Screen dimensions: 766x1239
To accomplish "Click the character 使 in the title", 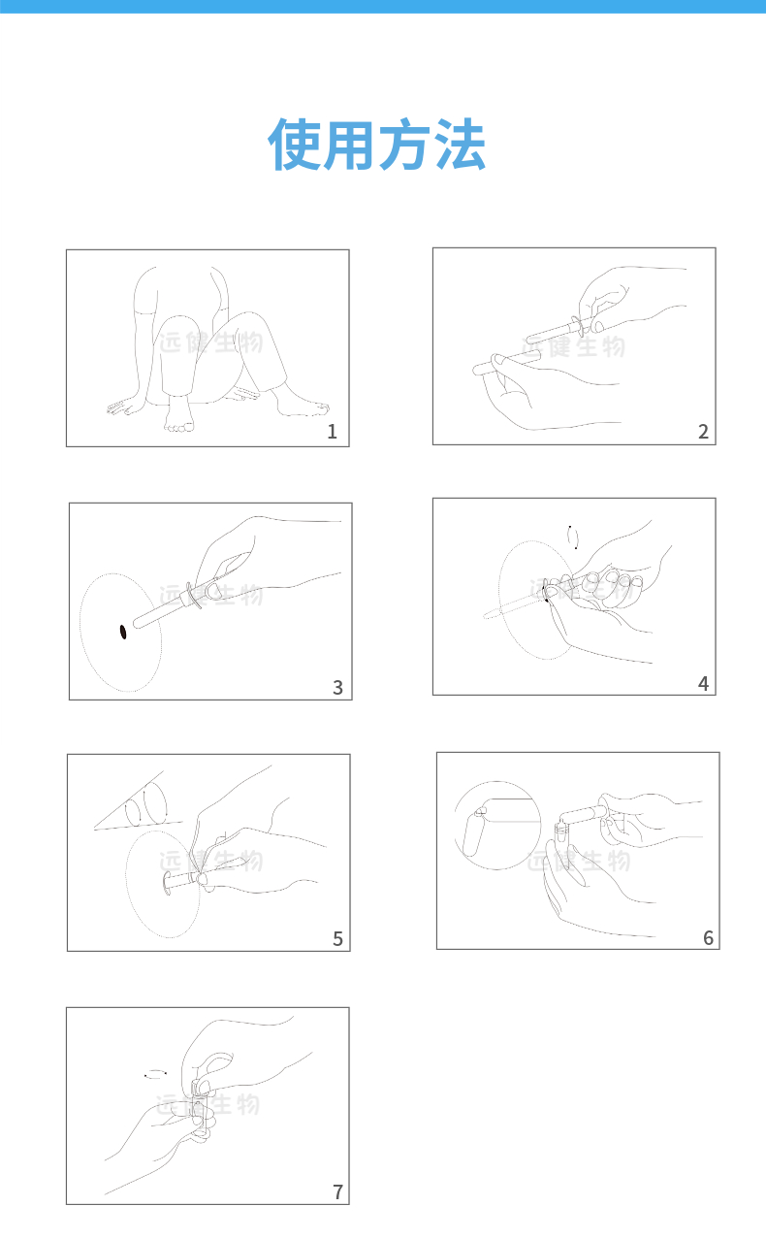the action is pos(295,144).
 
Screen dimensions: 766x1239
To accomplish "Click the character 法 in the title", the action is pos(460,144).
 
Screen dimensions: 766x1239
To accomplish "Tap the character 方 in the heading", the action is pos(404,144).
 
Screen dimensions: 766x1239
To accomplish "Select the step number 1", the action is pos(333,432).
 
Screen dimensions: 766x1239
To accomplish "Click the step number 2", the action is pos(703,432).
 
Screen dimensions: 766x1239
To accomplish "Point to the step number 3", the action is pos(337,688).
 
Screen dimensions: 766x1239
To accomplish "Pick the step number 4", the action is pos(703,684).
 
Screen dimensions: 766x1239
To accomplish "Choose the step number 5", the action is pos(337,938).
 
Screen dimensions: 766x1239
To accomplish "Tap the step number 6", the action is pos(708,937).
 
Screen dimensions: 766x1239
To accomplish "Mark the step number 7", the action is pos(337,1192).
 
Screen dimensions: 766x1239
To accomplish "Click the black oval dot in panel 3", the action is pos(123,632).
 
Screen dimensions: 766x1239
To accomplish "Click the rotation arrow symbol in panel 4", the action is pos(573,538).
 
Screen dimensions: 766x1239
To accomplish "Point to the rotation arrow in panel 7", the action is pos(155,1074).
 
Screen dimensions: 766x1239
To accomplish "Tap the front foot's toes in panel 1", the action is pos(178,427).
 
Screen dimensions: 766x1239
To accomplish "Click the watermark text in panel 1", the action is pos(211,342).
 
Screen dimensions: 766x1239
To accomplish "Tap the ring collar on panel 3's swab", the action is pos(193,595).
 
